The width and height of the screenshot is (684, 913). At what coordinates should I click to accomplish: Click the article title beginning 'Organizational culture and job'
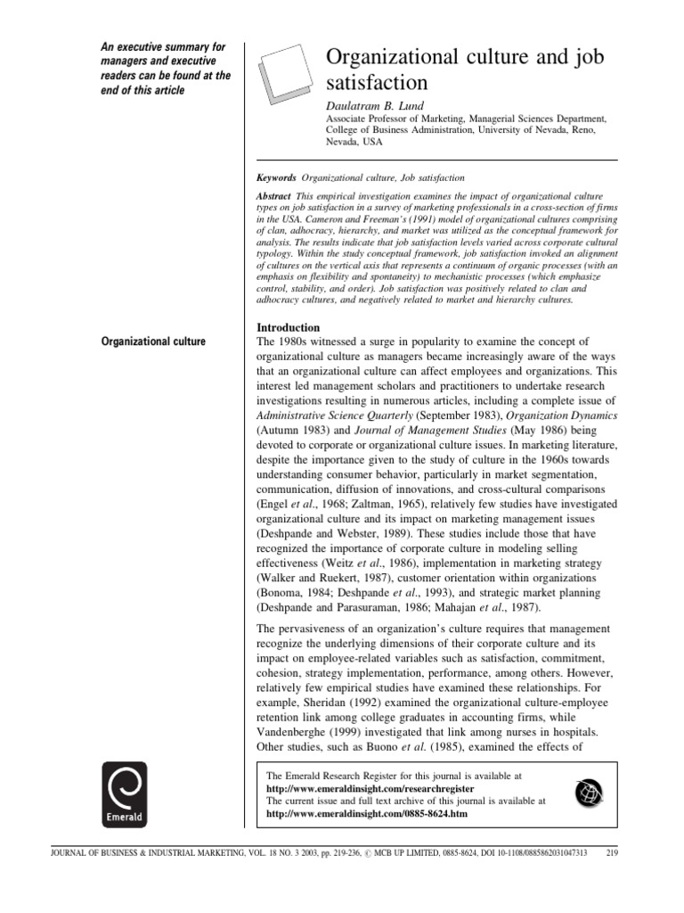pyautogui.click(x=465, y=70)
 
